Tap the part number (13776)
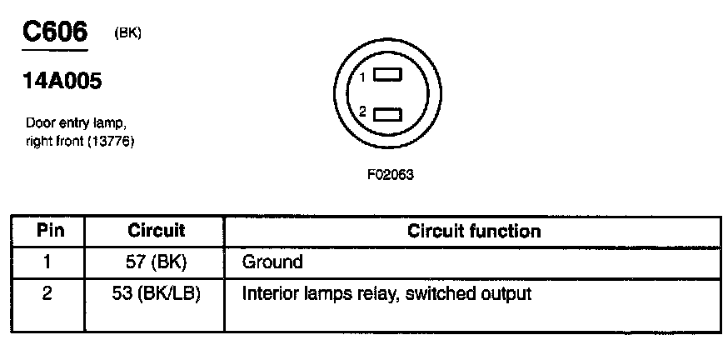(110, 140)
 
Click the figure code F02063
(391, 175)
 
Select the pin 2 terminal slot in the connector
(387, 112)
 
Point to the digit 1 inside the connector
(364, 77)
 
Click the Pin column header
(47, 231)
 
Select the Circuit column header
(156, 231)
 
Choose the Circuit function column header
(473, 231)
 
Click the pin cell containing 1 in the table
(47, 262)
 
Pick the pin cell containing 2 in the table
(47, 294)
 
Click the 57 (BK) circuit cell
(156, 262)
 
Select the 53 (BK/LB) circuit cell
(156, 294)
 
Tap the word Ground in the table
(272, 262)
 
